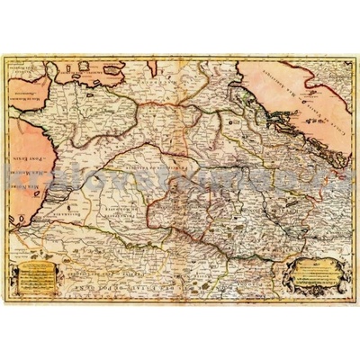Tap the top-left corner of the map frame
click(x=5, y=54)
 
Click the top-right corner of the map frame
click(x=355, y=54)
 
